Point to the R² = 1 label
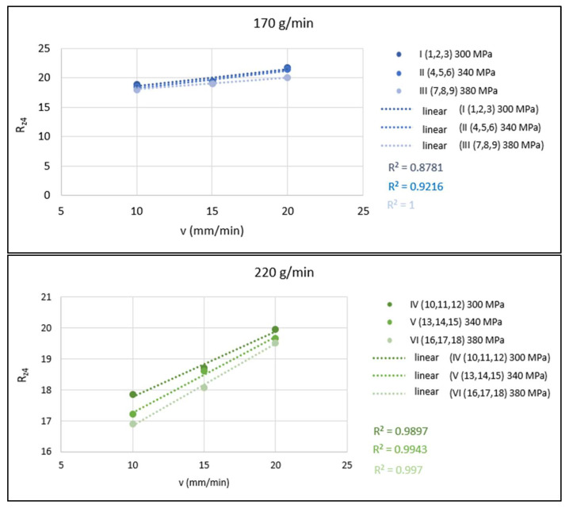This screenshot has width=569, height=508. pos(401,204)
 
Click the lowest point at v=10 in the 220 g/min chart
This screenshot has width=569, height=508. pos(133,424)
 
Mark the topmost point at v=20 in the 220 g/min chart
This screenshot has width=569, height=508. pos(275,330)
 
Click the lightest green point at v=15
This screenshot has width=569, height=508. pos(204,387)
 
